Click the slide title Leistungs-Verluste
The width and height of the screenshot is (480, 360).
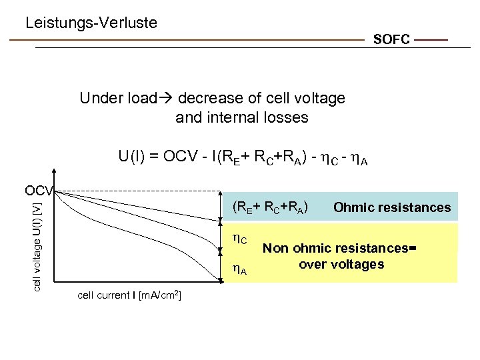coord(91,23)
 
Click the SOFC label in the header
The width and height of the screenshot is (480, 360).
coord(391,40)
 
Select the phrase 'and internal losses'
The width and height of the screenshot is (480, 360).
coord(241,118)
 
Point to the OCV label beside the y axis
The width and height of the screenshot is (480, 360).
coord(39,191)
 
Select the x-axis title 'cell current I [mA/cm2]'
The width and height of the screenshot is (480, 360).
coord(130,295)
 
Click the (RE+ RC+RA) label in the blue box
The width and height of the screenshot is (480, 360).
coord(269,207)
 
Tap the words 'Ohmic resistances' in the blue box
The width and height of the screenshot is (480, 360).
coord(391,207)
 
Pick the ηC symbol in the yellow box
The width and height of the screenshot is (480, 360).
coord(239,238)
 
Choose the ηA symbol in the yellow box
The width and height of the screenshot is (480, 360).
coord(239,269)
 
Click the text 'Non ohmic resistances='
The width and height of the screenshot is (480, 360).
coord(339,249)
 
